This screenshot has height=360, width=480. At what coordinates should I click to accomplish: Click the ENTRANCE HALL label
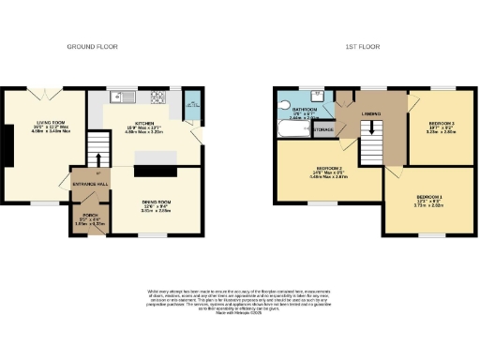pos(91,184)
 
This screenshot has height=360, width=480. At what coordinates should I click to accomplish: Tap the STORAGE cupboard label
pos(324,130)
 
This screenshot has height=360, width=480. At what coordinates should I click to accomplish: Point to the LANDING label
pos(370,114)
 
